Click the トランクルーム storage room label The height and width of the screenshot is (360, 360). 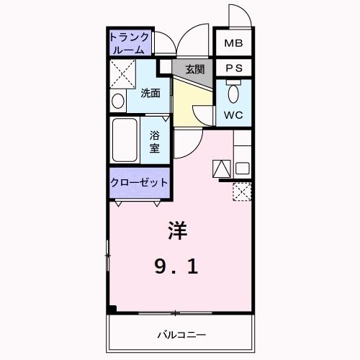point(130,43)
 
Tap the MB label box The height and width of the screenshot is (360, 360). point(233,44)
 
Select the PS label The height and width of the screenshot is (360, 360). point(233,68)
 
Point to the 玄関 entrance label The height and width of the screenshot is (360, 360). point(194,69)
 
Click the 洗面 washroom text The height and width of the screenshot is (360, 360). point(150,93)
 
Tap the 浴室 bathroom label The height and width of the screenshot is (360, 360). point(155,142)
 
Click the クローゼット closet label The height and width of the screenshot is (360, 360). point(139,182)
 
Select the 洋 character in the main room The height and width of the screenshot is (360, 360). point(178,230)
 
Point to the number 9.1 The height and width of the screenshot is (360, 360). point(176,267)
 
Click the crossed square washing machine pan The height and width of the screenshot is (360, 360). point(122,74)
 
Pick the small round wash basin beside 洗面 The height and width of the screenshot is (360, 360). point(118,101)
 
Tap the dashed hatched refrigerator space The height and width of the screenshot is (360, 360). point(242,192)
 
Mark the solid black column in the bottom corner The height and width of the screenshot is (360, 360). point(112,310)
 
